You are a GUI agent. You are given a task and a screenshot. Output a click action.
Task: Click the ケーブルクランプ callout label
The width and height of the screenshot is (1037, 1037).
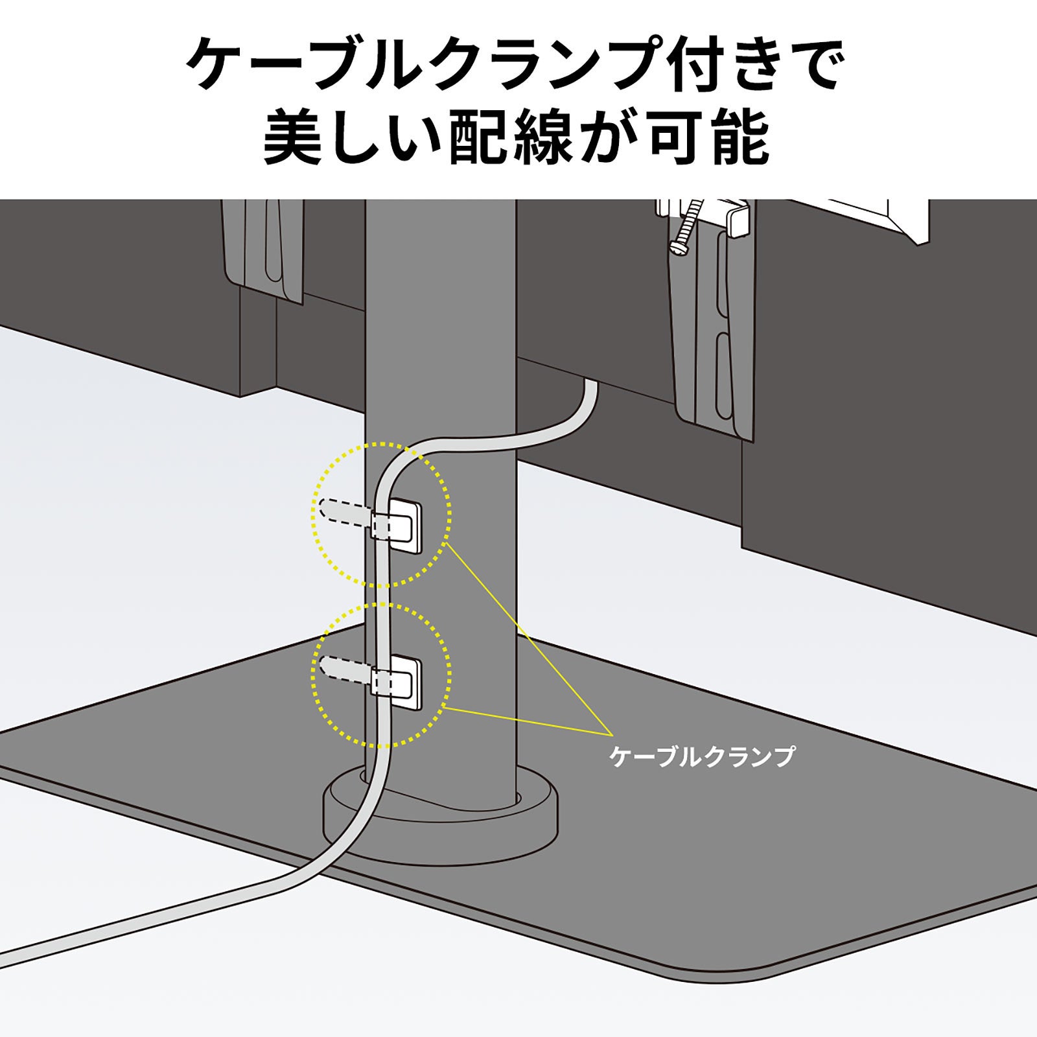[701, 756]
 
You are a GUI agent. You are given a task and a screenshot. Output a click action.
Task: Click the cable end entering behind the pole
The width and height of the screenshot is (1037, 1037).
[590, 392]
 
